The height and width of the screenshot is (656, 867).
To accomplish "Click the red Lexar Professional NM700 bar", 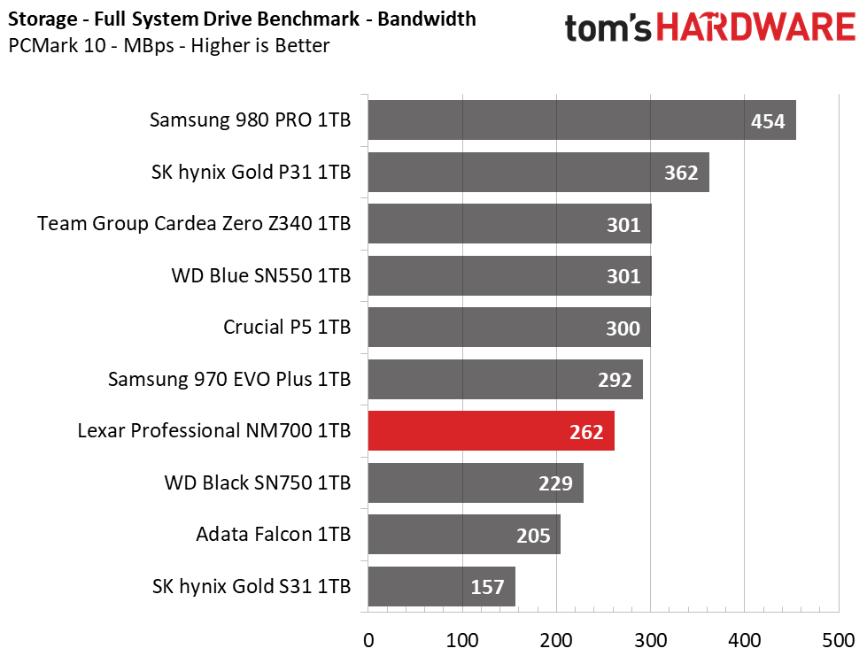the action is click(x=491, y=430).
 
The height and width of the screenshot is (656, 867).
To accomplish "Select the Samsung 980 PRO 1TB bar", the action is click(x=582, y=120).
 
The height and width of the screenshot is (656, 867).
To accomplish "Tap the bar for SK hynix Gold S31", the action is click(x=442, y=586).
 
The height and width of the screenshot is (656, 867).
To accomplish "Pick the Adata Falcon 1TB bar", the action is click(x=464, y=535).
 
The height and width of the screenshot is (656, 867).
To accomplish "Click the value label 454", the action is click(x=768, y=121).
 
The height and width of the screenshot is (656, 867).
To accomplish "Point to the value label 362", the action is click(x=681, y=173).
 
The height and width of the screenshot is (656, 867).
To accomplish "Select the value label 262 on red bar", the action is click(x=586, y=432).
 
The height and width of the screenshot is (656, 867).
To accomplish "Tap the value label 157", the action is click(x=487, y=587).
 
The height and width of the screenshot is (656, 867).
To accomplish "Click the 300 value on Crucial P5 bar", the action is click(x=623, y=328).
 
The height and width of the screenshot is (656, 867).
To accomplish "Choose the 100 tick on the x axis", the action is click(x=462, y=641).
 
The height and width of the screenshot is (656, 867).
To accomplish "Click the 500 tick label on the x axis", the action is click(x=839, y=641).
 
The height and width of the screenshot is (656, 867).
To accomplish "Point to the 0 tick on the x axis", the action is click(x=368, y=641).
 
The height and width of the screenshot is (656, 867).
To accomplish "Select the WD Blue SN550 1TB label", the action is click(x=261, y=275).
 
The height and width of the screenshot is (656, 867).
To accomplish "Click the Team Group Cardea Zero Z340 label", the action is click(x=194, y=223).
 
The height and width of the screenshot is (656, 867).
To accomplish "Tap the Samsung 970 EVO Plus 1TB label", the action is click(x=229, y=379).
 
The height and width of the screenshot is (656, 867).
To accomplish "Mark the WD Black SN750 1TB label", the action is click(x=258, y=482).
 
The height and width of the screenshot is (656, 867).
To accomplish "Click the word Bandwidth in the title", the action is click(x=427, y=19).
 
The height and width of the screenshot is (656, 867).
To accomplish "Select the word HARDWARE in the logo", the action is click(x=756, y=27).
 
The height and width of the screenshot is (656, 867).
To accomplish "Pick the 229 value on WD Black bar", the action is click(x=555, y=484).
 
